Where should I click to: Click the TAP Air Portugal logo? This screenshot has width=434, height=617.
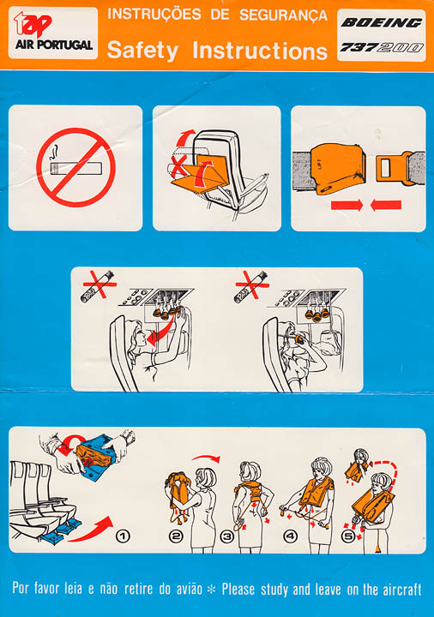(x=53, y=33)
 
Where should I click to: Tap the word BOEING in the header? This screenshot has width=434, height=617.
(x=381, y=23)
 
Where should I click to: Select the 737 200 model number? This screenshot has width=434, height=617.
(x=381, y=48)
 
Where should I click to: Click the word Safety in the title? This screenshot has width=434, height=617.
(x=142, y=51)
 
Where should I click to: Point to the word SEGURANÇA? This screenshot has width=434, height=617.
(x=283, y=15)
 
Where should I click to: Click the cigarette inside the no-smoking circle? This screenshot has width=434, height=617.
(x=75, y=168)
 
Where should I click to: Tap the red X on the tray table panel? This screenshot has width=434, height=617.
(x=178, y=166)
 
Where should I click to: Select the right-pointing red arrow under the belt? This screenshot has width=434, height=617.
(x=347, y=205)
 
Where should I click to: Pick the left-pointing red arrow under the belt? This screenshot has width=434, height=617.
(x=386, y=205)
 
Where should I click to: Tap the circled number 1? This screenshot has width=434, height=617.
(x=123, y=536)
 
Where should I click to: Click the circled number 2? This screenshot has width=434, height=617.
(x=176, y=536)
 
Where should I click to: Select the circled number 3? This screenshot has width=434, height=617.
(x=226, y=536)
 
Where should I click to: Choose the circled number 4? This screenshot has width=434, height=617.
(x=291, y=536)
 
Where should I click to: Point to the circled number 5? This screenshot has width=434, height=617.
(x=348, y=536)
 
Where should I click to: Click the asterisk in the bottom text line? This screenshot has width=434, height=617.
(x=212, y=590)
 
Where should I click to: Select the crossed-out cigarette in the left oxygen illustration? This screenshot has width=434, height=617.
(x=97, y=286)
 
